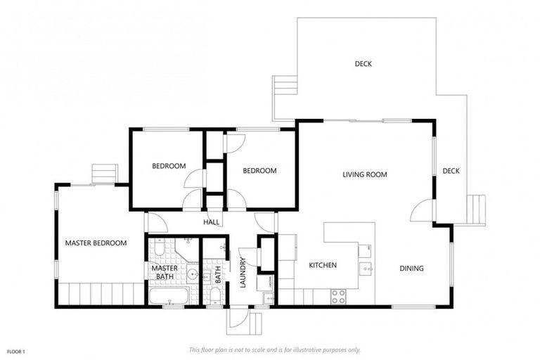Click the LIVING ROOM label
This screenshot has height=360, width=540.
365,174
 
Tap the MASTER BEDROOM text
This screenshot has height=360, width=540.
96,243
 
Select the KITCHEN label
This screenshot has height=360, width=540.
323,265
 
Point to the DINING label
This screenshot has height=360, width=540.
411,268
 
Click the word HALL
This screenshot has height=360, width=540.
211,222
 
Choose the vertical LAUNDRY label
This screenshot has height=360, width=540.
243,273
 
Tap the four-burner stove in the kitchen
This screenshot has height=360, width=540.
338,297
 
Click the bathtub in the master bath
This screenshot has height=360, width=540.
169,296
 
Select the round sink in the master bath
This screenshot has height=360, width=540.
192,274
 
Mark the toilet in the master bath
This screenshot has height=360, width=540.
160,247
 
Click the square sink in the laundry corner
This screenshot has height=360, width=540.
269,298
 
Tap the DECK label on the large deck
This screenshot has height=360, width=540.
364,64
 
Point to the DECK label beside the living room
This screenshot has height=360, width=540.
451,171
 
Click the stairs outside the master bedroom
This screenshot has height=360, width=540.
105,174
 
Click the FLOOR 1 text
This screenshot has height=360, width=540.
16,352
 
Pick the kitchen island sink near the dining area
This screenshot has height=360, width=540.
366,269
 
